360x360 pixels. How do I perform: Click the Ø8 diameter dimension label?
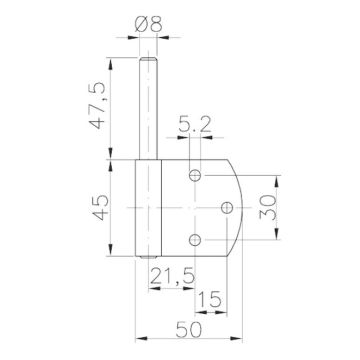click(x=148, y=24)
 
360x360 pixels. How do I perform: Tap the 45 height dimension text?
click(x=100, y=207)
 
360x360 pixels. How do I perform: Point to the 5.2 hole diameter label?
click(x=194, y=124)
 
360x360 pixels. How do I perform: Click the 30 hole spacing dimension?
click(x=268, y=207)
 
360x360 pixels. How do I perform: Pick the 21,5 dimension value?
click(x=172, y=276)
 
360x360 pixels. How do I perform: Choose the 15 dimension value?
click(x=210, y=299)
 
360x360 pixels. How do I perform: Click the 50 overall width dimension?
click(x=189, y=330)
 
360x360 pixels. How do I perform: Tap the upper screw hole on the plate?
click(x=195, y=175)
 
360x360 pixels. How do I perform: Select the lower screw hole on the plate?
click(x=195, y=240)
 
